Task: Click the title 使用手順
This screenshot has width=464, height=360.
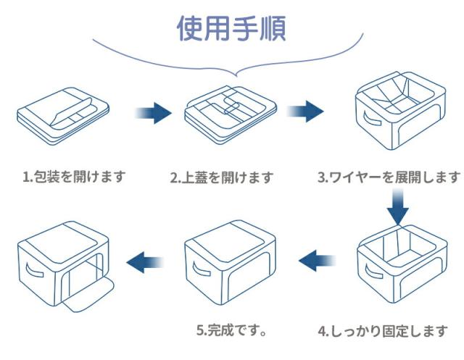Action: [231, 28]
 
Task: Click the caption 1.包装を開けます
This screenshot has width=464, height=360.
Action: [74, 176]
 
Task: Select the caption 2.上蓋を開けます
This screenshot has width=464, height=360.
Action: [222, 177]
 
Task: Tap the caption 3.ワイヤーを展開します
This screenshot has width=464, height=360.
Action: [389, 177]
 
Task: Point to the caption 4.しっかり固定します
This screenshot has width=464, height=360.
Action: [384, 331]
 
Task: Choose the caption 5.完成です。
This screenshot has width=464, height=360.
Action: [232, 330]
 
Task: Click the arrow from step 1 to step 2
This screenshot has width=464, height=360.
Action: [154, 112]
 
